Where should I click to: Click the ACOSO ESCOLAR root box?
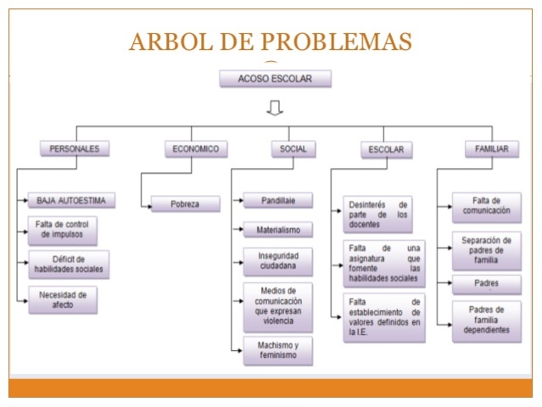275,79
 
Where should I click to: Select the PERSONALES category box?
75,148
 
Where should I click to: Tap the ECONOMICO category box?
196,148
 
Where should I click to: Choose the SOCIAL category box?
293,148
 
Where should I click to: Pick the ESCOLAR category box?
386,149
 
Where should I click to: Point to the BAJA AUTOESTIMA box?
71,201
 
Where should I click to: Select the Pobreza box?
185,203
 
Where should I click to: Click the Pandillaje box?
277,201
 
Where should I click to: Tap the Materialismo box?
277,230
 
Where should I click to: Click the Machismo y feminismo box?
277,350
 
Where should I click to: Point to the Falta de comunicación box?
486,206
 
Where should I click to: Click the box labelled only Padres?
486,283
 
